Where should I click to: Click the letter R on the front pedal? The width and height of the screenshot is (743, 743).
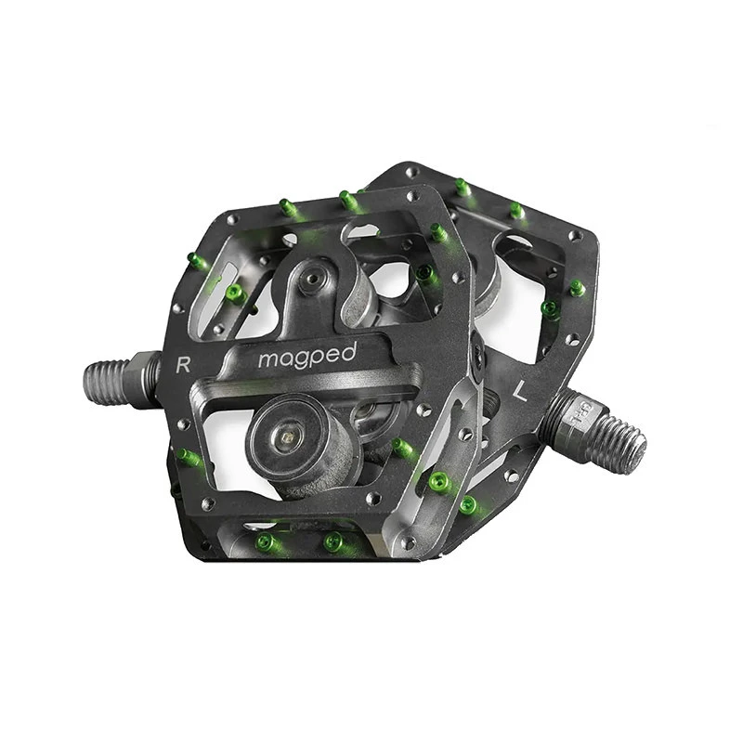coord(183,363)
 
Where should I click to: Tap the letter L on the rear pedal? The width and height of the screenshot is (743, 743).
coord(520,392)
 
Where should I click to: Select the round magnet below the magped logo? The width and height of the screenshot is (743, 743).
coord(290,437)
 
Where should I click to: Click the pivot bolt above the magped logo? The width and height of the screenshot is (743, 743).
coord(317,278)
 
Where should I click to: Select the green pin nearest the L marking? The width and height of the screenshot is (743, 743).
coord(550,308)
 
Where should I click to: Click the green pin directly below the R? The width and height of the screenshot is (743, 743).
coord(188,457)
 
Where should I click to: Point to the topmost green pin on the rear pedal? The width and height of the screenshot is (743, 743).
coord(462,187)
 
